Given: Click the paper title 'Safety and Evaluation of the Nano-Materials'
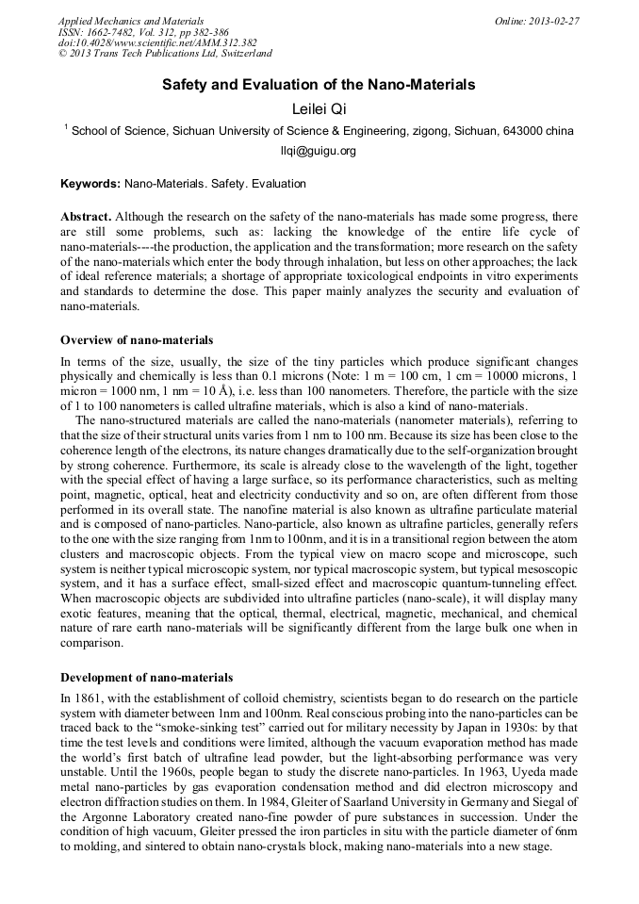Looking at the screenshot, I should [319, 85].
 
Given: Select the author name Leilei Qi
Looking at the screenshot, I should [319, 109].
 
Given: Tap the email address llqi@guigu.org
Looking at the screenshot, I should [319, 151].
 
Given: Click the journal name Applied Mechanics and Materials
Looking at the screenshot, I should [131, 20].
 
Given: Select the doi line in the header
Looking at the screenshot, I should [157, 42].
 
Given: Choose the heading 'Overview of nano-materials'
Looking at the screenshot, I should [137, 340].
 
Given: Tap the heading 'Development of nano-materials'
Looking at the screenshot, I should [146, 677].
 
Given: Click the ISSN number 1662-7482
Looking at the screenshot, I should [117, 31].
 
